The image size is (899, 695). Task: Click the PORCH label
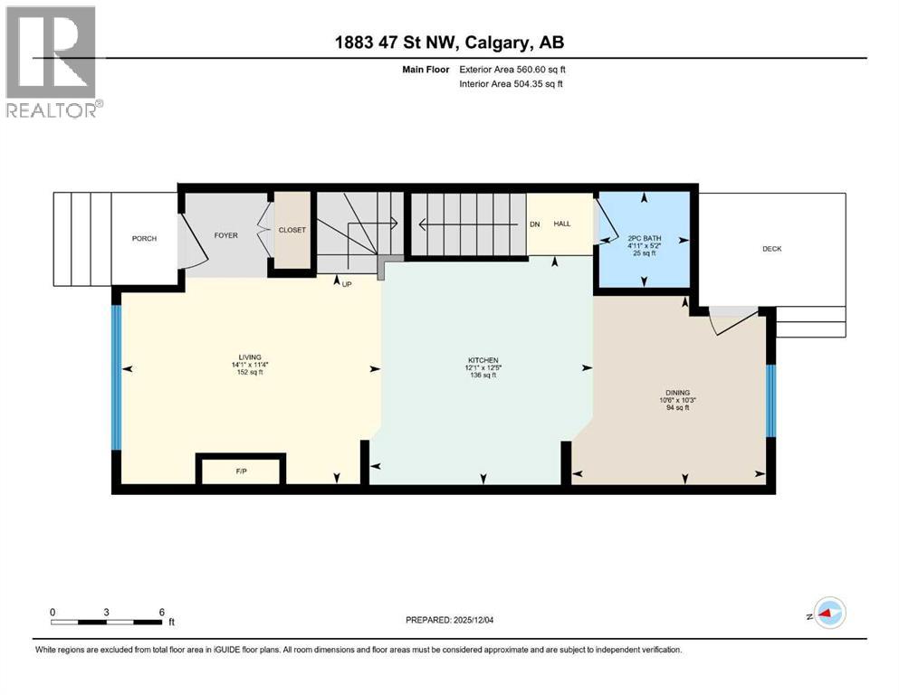(144, 239)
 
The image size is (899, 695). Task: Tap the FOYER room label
(225, 235)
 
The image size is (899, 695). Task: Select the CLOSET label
(292, 230)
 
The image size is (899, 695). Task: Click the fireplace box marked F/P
(240, 471)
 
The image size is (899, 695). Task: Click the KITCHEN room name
(483, 360)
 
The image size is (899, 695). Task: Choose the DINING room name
(677, 393)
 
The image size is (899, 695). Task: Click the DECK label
(771, 249)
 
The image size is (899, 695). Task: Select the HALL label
(561, 224)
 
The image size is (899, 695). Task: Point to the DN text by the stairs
(534, 224)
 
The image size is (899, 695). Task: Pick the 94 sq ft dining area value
(677, 408)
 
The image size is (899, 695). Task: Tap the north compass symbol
(829, 613)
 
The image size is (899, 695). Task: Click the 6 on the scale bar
(161, 612)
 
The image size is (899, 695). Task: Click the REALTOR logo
(52, 62)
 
